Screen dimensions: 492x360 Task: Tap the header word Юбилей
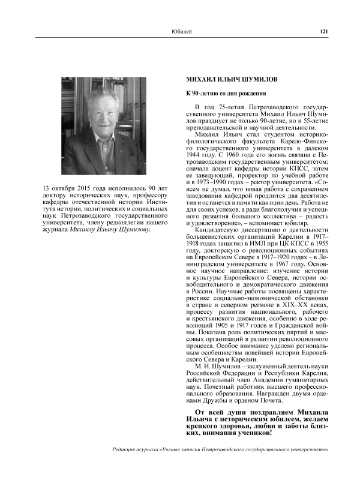point(182,32)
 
